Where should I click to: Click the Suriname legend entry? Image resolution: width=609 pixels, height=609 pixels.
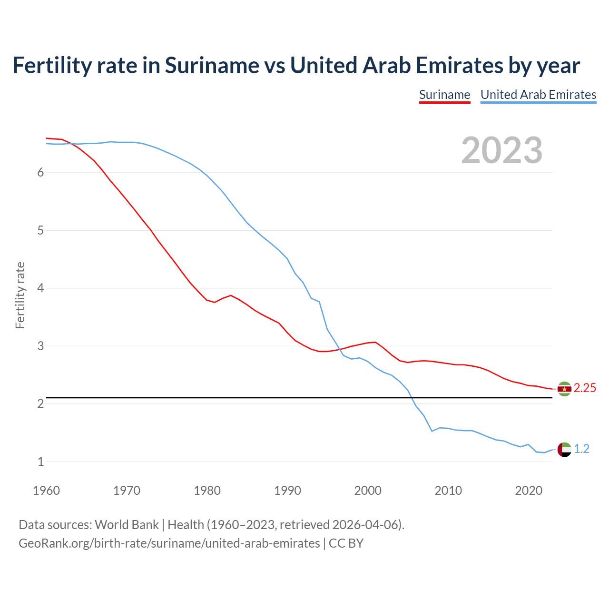444,95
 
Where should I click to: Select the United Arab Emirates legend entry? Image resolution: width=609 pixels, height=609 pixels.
538,95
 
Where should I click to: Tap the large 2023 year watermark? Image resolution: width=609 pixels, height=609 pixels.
501,150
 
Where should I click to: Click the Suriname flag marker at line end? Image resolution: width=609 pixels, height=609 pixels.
564,389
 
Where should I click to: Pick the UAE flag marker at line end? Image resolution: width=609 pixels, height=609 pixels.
564,449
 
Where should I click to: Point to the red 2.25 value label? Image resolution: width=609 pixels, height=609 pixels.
585,388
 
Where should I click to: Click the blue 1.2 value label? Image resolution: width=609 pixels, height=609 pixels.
581,449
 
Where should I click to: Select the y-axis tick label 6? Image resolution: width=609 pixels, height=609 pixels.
41,173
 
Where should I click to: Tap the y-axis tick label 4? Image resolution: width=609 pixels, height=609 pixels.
41,288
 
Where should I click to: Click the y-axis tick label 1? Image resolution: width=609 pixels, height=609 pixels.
41,462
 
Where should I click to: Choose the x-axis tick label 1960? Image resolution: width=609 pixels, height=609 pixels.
46,491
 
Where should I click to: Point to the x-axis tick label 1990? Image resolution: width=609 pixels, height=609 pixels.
287,491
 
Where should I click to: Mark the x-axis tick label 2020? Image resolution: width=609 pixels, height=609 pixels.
529,491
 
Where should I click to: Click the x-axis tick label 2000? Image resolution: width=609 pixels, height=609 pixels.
368,491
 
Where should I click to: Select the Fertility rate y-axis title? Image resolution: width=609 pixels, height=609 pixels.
20,295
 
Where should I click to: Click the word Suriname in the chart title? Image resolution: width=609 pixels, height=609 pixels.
212,66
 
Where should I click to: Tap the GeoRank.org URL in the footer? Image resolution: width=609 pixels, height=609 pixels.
169,543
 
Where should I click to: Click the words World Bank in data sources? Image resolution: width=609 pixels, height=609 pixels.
127,525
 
